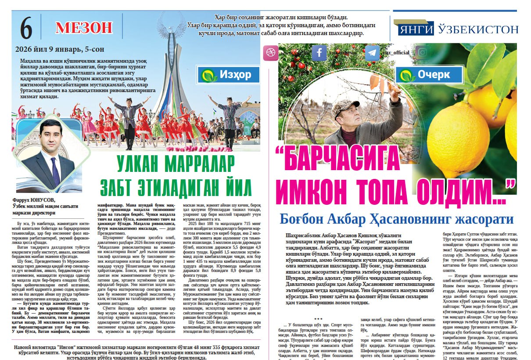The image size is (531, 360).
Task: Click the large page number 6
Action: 26,29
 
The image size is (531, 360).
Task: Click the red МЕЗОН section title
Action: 84,28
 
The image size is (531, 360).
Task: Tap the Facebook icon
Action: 319,53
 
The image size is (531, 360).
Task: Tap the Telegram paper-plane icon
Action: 373,53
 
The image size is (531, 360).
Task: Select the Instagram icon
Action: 422,53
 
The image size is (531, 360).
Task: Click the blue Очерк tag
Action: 429,75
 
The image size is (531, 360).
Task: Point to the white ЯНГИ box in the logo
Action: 416,29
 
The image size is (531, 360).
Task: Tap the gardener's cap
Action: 344,107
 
